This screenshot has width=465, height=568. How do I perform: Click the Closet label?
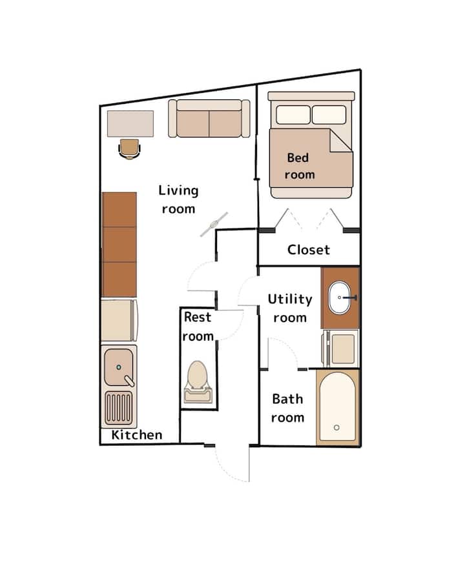309,250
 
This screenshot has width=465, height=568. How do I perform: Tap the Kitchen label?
137,434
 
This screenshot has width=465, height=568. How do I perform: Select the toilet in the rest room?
198,382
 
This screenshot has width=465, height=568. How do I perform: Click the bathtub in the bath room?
337,407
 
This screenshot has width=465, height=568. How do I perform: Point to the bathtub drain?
336,427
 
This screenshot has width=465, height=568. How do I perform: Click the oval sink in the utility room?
339,298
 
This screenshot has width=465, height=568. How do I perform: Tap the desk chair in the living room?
129,149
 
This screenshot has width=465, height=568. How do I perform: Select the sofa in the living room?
209,119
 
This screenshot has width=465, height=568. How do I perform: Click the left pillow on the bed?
293,115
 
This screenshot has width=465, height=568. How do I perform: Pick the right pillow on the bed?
329,115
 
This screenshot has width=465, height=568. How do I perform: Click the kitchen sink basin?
119,367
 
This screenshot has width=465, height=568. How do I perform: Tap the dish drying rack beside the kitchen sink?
119,408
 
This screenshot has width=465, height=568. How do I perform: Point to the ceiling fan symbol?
214,225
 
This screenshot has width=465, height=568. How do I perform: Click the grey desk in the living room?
130,123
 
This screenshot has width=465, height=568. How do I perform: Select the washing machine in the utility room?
340,349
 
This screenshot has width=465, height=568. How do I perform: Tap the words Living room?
178,199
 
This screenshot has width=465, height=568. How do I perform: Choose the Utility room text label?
290,309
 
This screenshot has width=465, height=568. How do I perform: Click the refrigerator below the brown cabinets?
119,320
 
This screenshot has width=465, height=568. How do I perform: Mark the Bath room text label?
288,408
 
